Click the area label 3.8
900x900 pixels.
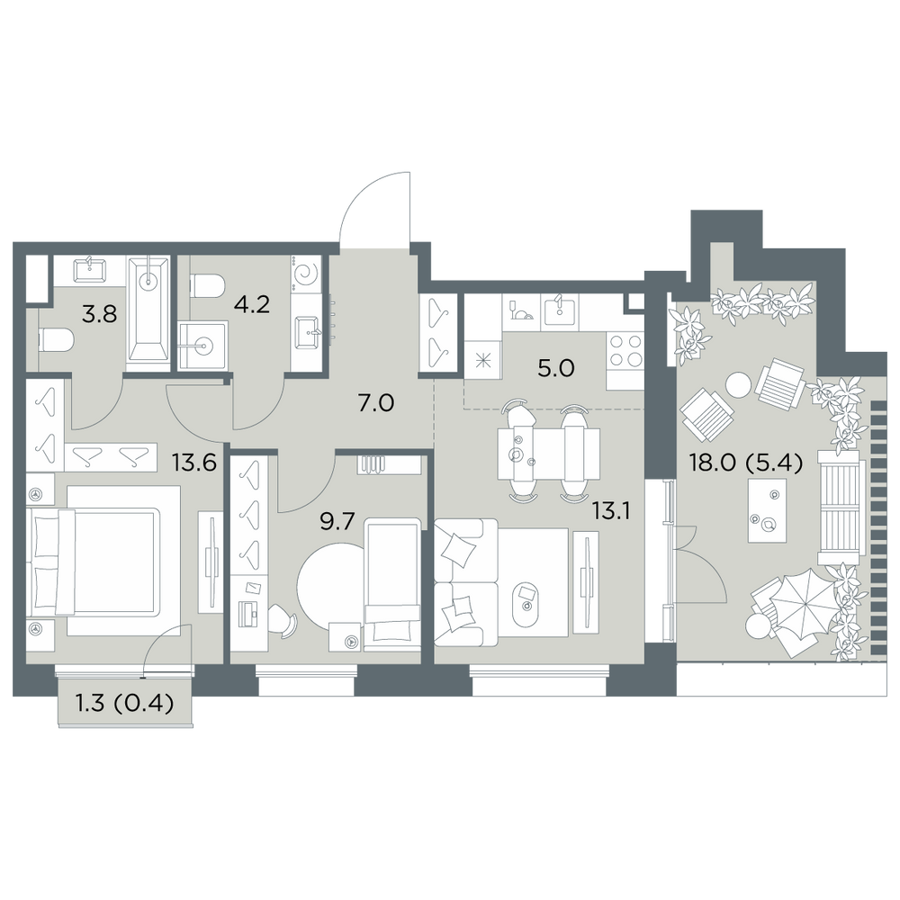(x=99, y=314)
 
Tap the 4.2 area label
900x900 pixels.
(x=251, y=304)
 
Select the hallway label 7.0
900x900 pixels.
(x=376, y=403)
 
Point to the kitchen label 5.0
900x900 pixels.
(x=556, y=368)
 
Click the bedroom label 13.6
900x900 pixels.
(x=194, y=462)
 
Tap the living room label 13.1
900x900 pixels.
(x=611, y=510)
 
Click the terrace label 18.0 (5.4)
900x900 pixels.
(x=745, y=463)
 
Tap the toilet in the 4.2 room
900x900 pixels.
(x=207, y=285)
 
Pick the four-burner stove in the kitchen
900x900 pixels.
(x=625, y=351)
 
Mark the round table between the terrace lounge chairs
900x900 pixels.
(x=738, y=384)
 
